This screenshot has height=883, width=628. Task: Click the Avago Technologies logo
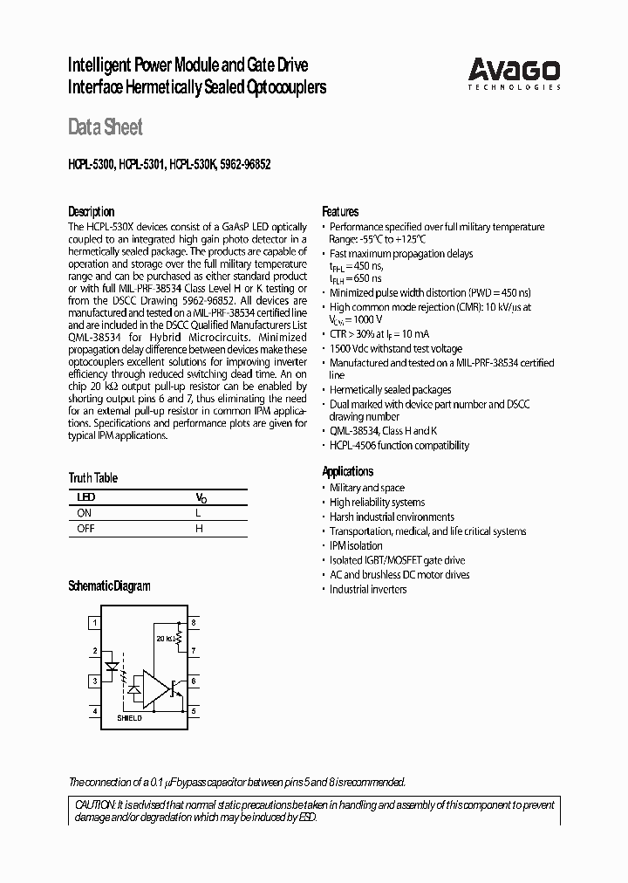(514, 73)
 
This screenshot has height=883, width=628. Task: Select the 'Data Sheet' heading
(105, 127)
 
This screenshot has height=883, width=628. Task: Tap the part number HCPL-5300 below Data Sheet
(91, 163)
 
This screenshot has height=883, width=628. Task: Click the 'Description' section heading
(91, 212)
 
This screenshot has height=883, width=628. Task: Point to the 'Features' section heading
(340, 212)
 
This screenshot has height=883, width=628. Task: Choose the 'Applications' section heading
(348, 471)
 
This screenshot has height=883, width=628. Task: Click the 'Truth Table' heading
(92, 478)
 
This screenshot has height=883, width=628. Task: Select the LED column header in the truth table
(86, 497)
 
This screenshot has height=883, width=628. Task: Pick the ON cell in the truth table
(85, 514)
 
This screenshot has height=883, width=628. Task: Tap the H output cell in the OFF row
(199, 529)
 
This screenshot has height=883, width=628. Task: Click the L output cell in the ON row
(199, 514)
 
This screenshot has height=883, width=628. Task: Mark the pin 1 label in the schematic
(94, 623)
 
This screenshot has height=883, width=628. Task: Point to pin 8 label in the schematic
(194, 623)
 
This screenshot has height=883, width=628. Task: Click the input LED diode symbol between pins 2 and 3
(110, 666)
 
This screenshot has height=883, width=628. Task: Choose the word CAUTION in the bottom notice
(92, 804)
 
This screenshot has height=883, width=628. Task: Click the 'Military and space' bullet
(366, 488)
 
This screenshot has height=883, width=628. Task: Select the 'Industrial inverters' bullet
(367, 589)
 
